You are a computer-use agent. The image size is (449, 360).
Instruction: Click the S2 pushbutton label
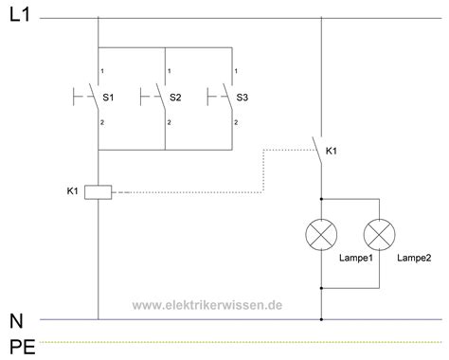[x=175, y=98]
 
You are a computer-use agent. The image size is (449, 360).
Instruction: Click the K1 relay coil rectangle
[x=99, y=192]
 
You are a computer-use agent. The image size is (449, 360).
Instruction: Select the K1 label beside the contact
[x=332, y=151]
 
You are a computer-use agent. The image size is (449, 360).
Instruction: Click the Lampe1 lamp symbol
[x=323, y=232]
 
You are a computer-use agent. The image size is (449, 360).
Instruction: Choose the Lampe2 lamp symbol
[x=380, y=232]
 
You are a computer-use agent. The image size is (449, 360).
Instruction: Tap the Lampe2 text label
[x=413, y=257]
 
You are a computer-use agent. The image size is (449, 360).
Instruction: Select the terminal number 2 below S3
[x=236, y=122]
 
